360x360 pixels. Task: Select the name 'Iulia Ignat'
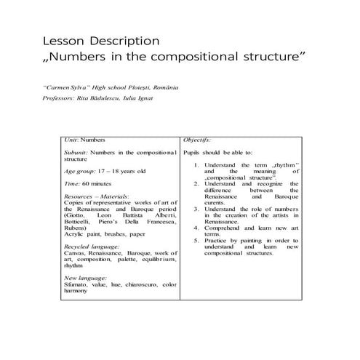[x=134, y=98]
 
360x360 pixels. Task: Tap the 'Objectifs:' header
[x=197, y=138]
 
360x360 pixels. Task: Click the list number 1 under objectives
[x=196, y=165]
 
